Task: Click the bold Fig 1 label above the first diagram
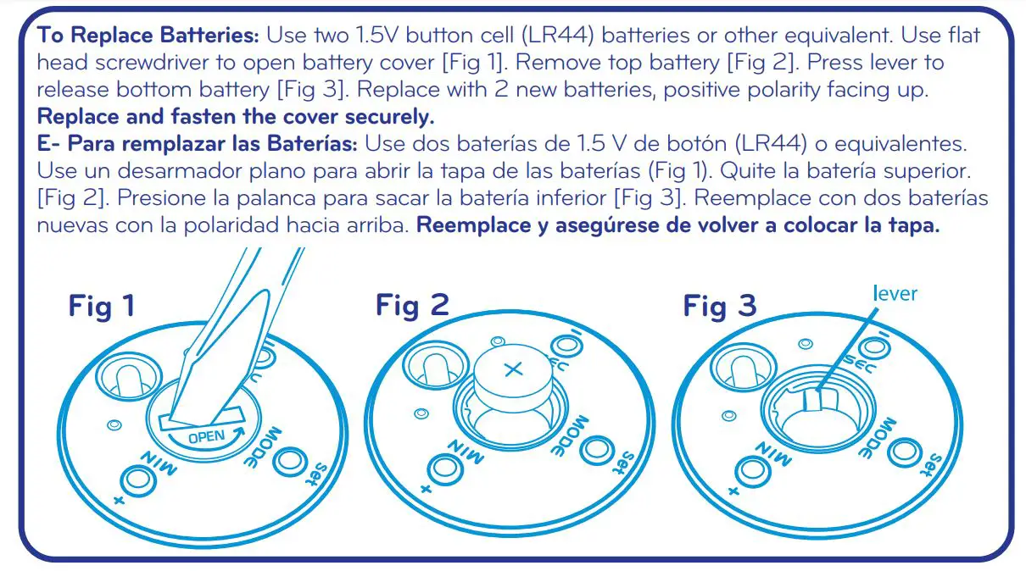[101, 306]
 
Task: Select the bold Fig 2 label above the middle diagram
[412, 305]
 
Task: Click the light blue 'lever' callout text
[895, 294]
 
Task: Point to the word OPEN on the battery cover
[208, 438]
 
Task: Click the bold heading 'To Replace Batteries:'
[148, 36]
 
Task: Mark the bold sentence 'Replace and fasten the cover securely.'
[236, 116]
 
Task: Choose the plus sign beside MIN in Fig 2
[425, 489]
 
